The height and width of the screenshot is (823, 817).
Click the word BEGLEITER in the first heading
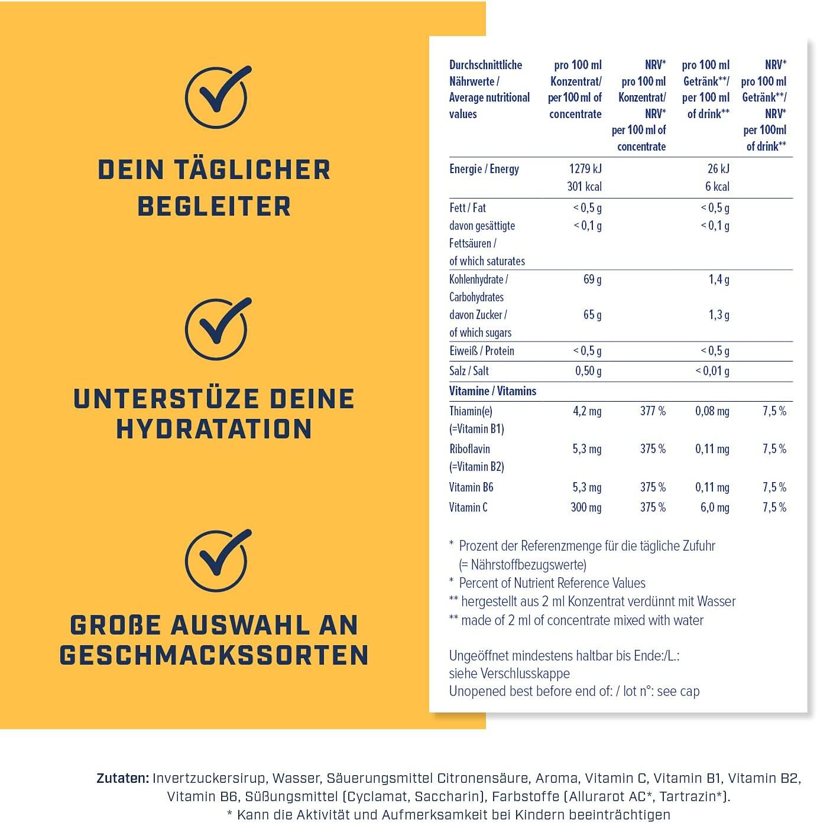coord(214,207)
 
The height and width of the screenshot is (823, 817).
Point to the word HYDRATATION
coord(214,429)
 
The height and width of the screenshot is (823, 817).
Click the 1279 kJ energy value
coord(585,169)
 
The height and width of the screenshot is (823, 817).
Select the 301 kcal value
coord(585,187)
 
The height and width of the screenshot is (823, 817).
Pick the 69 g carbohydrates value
coord(592,279)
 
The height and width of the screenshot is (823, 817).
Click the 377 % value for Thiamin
coord(653,411)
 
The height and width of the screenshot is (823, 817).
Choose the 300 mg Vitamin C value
coord(586,508)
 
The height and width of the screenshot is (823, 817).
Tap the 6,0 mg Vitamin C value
coord(715,508)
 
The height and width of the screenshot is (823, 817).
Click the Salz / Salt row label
coord(469,370)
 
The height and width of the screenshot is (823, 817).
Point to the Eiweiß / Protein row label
coord(482,350)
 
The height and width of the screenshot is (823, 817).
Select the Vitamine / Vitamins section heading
coord(493,391)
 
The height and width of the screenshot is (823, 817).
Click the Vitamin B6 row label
coord(471,487)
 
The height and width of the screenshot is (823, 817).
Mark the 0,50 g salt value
coord(588,370)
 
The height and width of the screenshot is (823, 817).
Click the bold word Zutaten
coord(123,778)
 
